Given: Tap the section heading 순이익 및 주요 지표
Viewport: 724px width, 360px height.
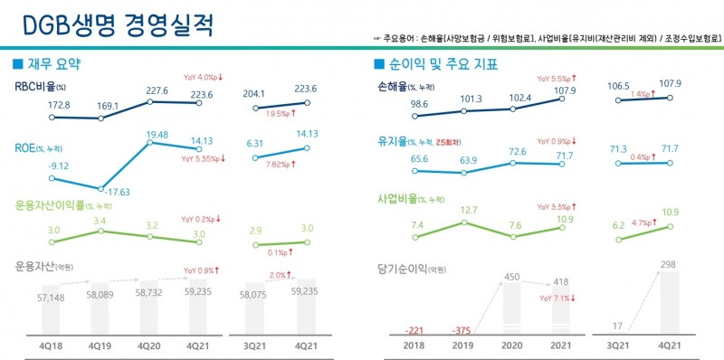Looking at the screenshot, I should (442, 65).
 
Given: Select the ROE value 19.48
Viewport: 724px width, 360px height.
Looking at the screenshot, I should (151, 136).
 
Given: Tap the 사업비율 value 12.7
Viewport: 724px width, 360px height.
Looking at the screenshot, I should (468, 210).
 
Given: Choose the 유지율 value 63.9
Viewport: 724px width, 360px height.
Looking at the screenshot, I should (468, 160).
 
